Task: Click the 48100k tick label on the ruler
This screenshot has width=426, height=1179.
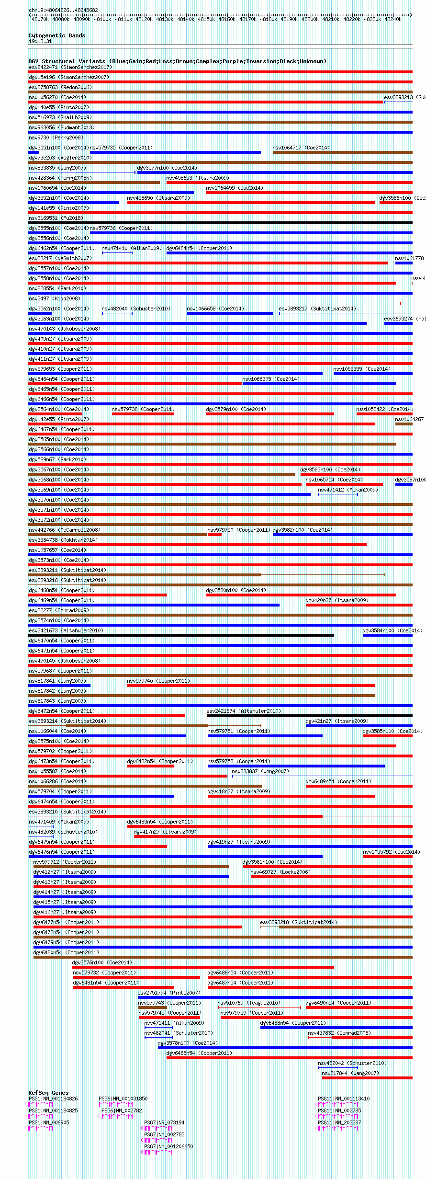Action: click(x=102, y=19)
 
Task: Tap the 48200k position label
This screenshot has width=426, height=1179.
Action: click(x=310, y=19)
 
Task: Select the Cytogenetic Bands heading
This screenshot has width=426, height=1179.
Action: click(x=56, y=35)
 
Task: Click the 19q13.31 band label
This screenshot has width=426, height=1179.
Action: click(x=40, y=41)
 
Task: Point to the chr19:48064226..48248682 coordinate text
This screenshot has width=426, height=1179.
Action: click(x=63, y=10)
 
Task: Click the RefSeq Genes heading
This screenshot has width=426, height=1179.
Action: click(x=48, y=1093)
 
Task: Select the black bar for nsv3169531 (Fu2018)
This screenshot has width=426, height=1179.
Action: click(x=220, y=223)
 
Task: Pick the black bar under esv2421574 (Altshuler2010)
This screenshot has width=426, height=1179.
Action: click(x=309, y=716)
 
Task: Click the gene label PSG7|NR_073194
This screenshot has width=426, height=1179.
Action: click(x=164, y=1122)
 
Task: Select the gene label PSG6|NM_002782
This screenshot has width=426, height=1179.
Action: click(x=122, y=1110)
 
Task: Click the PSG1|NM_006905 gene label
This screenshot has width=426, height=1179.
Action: click(x=49, y=1122)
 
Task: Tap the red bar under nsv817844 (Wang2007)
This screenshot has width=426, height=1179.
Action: click(x=367, y=1078)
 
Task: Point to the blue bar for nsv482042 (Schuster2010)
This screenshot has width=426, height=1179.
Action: click(x=338, y=1068)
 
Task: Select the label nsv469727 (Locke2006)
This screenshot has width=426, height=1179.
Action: click(x=280, y=872)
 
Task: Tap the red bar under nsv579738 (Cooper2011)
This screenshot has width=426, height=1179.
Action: click(x=143, y=414)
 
